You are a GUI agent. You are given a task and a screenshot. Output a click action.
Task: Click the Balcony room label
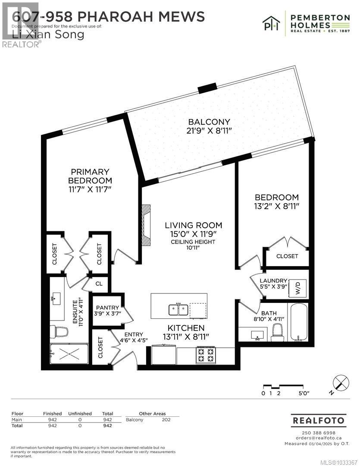209,122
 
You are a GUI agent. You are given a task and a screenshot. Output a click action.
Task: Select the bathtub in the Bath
298,321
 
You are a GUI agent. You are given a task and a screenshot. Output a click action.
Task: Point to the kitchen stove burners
205,355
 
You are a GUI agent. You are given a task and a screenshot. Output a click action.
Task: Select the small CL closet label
99,284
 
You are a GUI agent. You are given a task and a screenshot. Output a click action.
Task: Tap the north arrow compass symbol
341,383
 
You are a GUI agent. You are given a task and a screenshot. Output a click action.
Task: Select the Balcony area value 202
166,419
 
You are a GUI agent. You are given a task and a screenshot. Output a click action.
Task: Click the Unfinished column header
80,413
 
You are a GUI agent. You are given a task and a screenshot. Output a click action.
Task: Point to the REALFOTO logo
319,420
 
